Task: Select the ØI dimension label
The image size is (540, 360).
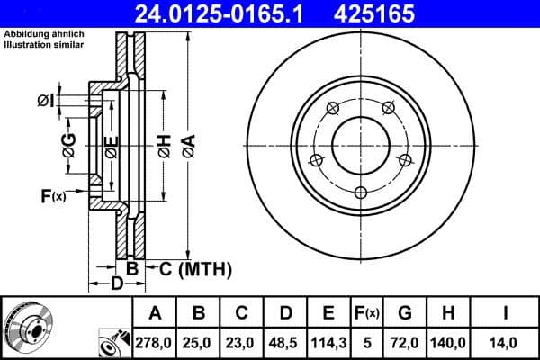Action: [47, 101]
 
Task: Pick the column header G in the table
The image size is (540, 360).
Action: [405, 313]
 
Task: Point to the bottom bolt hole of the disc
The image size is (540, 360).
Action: [361, 193]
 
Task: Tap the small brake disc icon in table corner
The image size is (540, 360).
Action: [27, 328]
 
